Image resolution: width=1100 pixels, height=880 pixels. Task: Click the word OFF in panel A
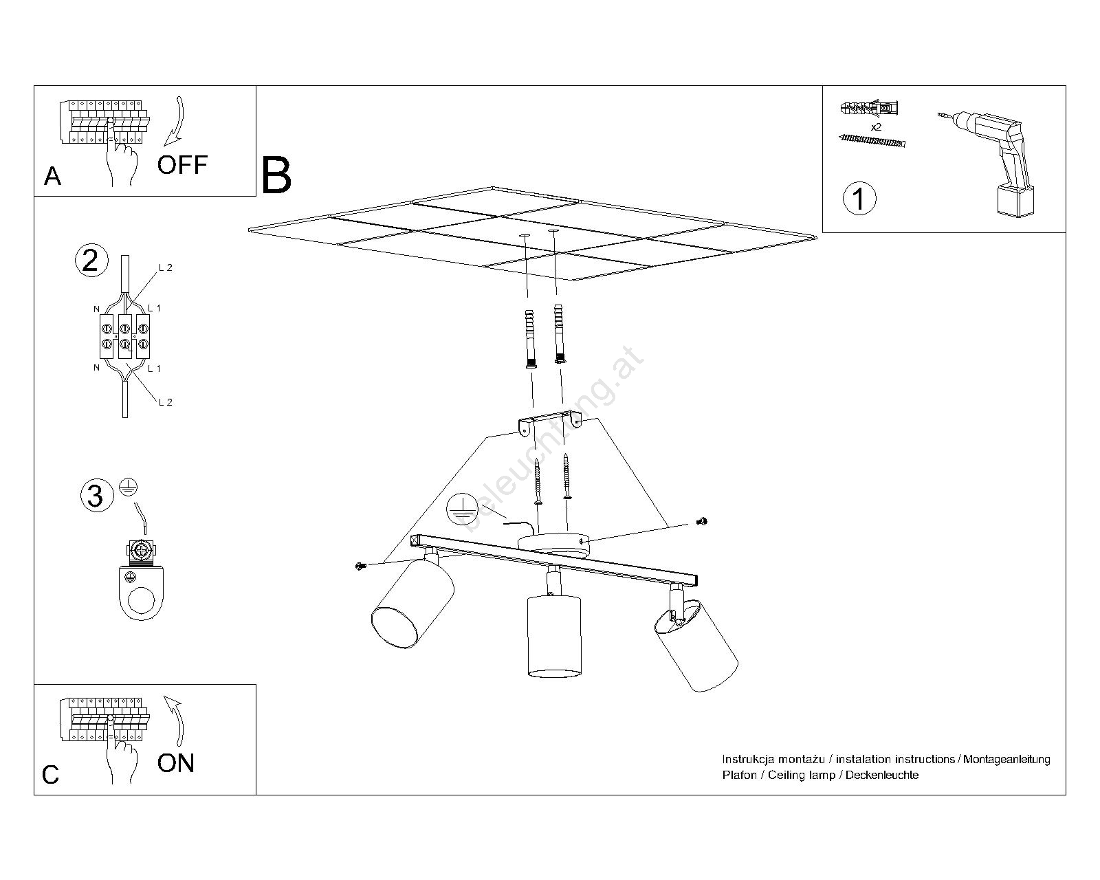coord(182,165)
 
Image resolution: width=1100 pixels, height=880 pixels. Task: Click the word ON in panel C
coord(176,763)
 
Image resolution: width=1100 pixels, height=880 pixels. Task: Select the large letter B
coord(276,176)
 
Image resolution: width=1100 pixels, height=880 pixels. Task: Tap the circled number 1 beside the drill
coord(859,199)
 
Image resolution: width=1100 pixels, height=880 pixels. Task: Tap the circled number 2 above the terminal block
coord(91,261)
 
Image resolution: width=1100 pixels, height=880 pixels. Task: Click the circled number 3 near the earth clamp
coord(96,496)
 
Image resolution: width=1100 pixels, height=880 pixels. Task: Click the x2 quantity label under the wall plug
coord(876,128)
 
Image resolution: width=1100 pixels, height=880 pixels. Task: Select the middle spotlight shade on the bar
coord(553,636)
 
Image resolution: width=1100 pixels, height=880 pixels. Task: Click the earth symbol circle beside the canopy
coord(462,509)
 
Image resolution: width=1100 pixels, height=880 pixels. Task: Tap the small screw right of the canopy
coord(702,522)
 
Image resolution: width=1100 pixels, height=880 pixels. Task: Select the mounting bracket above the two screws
coord(550,421)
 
